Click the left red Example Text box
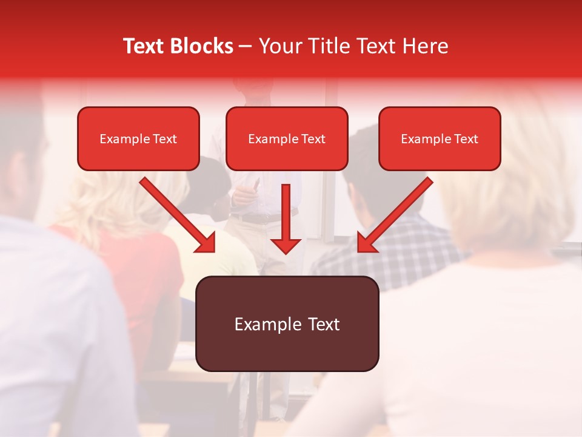click(x=138, y=139)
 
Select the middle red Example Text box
click(x=287, y=139)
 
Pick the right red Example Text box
click(x=440, y=139)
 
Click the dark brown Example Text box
click(x=287, y=324)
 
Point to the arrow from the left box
click(x=176, y=214)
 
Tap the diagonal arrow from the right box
click(x=396, y=214)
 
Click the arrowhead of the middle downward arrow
click(x=286, y=245)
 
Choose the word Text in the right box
click(x=466, y=139)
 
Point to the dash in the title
click(x=246, y=47)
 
